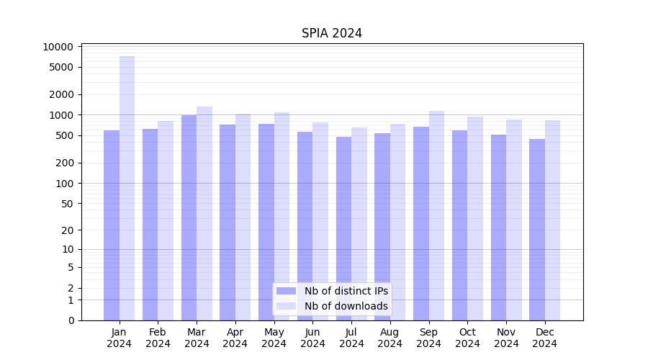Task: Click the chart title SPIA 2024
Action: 331,33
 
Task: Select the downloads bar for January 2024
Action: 127,187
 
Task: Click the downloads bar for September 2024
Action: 436,215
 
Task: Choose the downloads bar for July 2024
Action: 359,223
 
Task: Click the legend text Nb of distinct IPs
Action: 346,291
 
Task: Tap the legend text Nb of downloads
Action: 346,306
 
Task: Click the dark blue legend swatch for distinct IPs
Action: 286,291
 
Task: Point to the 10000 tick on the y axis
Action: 58,47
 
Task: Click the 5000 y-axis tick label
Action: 61,68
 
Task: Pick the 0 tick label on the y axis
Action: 71,320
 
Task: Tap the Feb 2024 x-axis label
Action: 158,338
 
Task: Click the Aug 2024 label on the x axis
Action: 390,338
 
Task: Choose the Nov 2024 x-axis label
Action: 506,338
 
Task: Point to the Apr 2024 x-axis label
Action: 235,338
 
